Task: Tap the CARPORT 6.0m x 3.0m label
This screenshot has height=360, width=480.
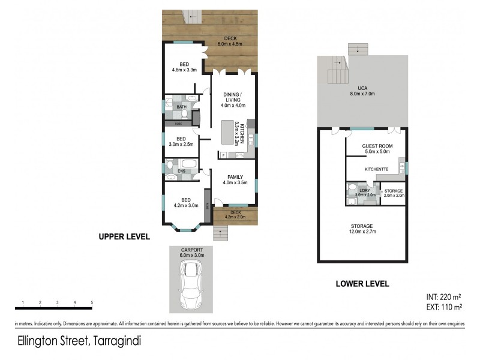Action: [192, 251]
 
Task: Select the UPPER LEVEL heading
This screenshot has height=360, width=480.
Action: [124, 237]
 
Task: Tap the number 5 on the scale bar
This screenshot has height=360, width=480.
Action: [92, 302]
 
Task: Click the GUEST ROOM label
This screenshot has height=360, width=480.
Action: [377, 149]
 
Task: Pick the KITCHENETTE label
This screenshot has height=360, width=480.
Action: [377, 169]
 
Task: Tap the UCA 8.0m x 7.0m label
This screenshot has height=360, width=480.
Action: [362, 91]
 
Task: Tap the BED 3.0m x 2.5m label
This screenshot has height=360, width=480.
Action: [181, 141]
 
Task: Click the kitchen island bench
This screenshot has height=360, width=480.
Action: [227, 131]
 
